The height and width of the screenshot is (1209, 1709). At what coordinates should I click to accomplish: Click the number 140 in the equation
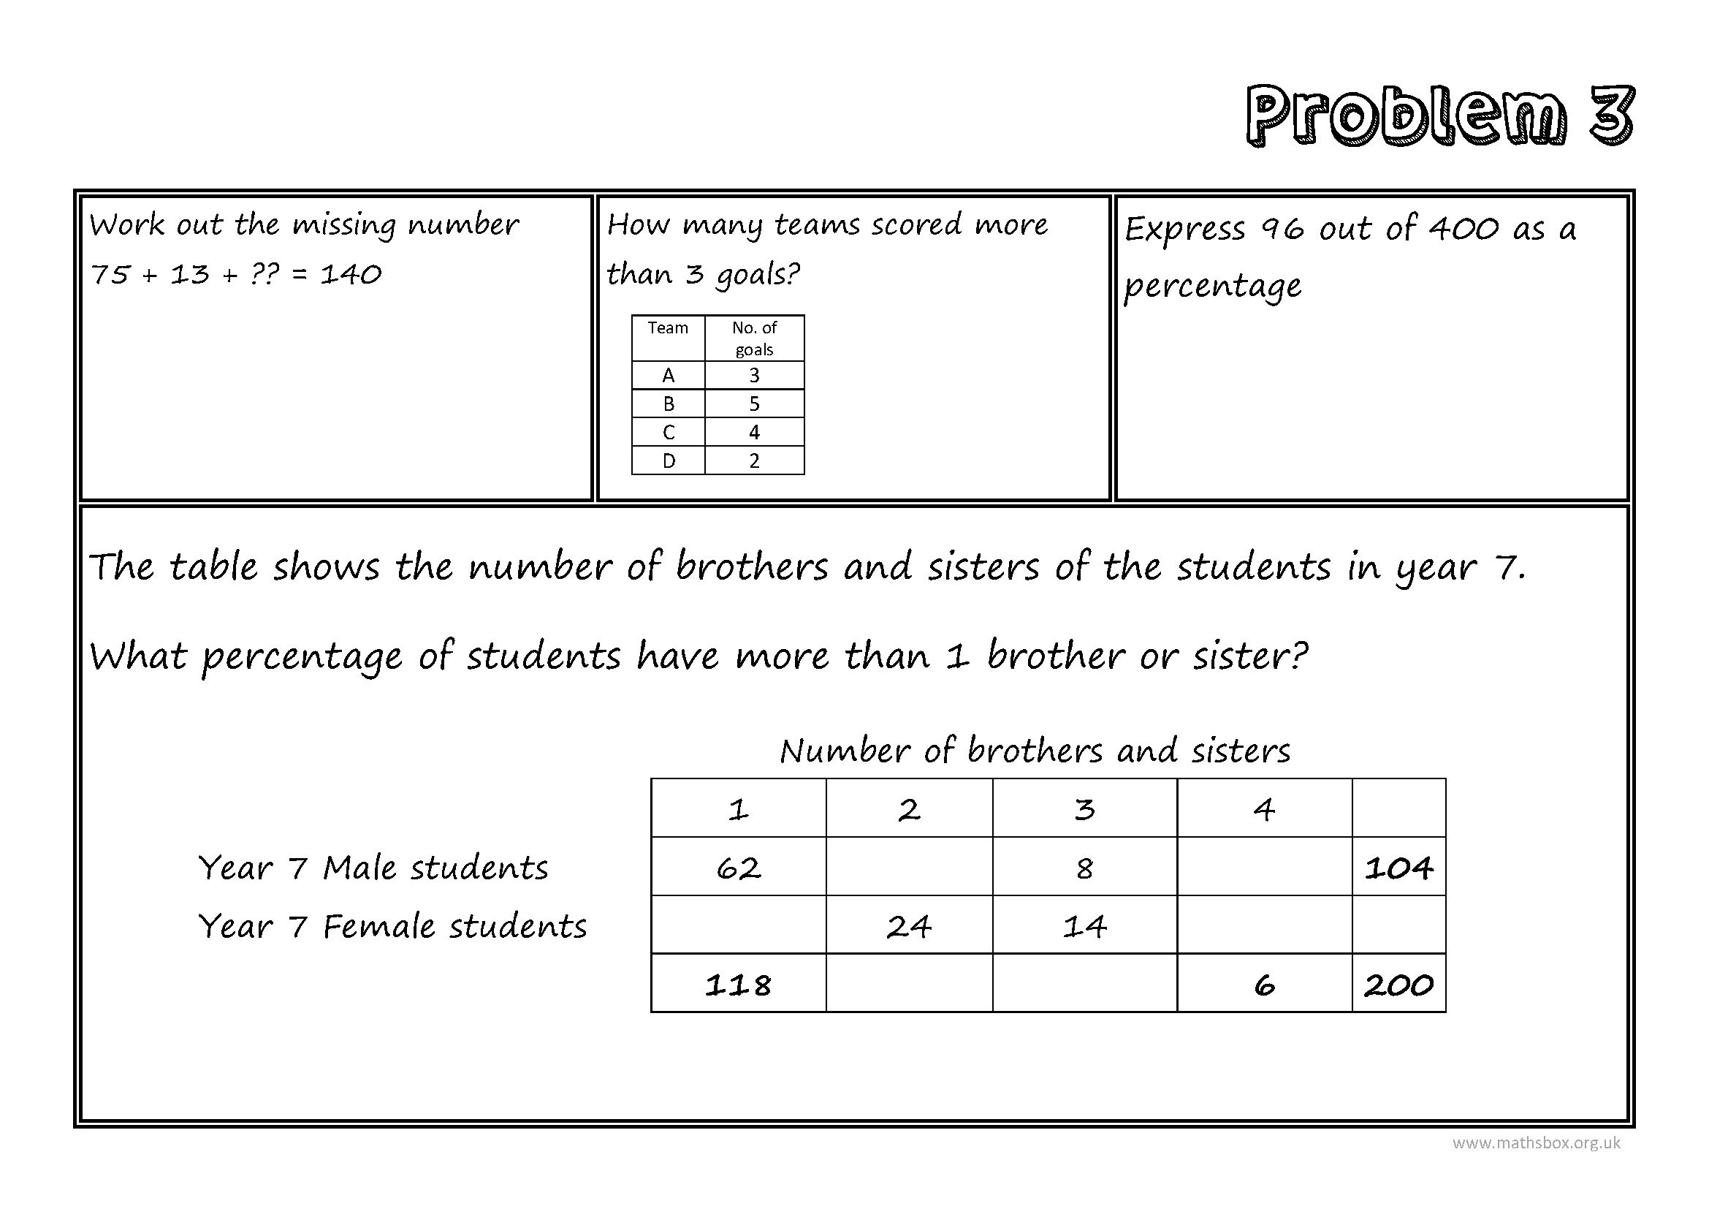351,275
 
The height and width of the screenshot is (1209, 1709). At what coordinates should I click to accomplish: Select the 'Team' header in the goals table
668,328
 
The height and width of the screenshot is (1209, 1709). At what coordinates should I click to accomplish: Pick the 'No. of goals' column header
754,338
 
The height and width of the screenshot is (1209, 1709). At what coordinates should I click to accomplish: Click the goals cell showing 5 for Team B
754,404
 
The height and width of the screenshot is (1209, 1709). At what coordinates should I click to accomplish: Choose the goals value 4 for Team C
754,433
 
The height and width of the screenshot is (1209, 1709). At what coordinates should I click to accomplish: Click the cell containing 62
739,868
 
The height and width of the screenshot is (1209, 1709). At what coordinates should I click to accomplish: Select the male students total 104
1398,868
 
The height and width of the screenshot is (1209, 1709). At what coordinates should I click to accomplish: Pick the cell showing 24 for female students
909,927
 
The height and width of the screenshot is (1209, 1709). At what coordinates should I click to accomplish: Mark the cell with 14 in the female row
1084,927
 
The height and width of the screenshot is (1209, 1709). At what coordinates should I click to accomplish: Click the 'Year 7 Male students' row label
373,868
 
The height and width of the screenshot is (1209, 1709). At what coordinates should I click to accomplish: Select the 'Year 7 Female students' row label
392,927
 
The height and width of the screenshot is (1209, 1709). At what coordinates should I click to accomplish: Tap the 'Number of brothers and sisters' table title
1035,751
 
